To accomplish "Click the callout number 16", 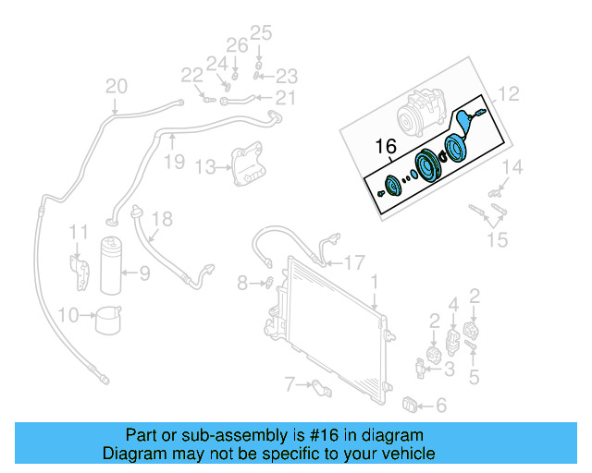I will (384, 146).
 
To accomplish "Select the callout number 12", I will (510, 93).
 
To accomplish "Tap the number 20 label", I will (116, 87).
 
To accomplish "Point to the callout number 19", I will (175, 163).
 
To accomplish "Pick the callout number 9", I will (143, 273).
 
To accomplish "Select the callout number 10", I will (68, 316).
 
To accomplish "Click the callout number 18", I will (162, 219).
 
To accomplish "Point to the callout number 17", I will (354, 262).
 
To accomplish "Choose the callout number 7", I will (290, 383).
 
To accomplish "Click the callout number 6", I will (440, 405).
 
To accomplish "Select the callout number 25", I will (262, 33).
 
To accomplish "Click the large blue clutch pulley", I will (428, 169).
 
